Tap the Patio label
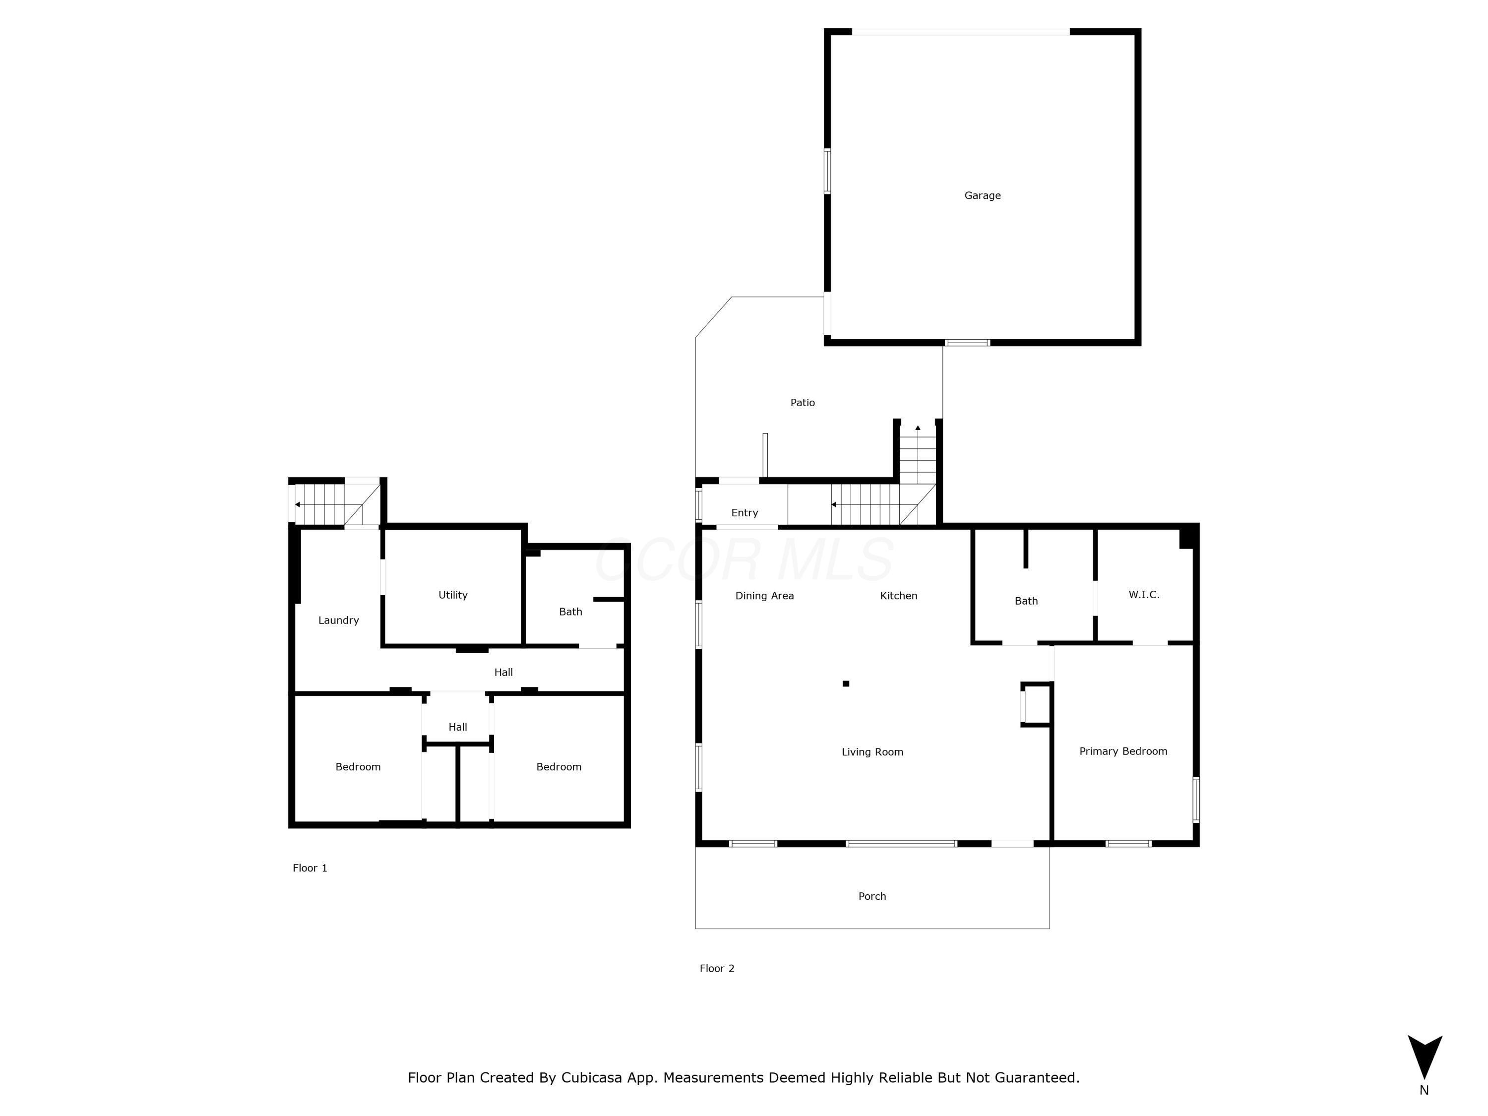tap(802, 403)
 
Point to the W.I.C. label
tap(1144, 595)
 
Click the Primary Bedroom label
tap(1123, 751)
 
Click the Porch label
tap(872, 897)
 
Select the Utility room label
tap(453, 595)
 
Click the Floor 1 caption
tap(310, 868)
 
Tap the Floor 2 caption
tap(716, 969)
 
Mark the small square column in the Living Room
tap(846, 683)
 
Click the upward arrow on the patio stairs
tap(918, 428)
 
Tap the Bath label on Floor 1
tap(570, 612)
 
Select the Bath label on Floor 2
tap(1026, 601)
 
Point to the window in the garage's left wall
tap(827, 172)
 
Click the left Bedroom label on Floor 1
tap(358, 767)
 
